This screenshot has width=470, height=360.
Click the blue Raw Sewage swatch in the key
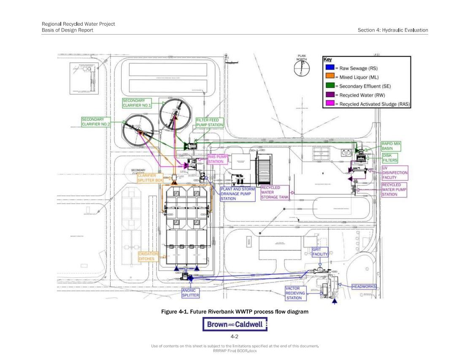(330, 68)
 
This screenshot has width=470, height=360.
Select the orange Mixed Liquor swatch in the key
(330, 77)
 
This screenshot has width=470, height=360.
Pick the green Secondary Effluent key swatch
(330, 86)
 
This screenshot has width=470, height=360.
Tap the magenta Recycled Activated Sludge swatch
(330, 104)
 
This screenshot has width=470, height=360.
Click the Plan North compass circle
(302, 68)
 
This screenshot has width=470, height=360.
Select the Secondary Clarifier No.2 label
(96, 122)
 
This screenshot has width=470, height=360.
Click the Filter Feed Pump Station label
(210, 123)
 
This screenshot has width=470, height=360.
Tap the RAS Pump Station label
(218, 159)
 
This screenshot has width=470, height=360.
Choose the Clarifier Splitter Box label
(150, 178)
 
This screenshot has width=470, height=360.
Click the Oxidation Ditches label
(148, 256)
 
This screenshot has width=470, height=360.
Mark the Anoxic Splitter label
(191, 293)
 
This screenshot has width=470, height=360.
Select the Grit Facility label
(320, 252)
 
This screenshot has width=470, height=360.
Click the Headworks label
(364, 287)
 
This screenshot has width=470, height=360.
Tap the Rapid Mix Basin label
(391, 146)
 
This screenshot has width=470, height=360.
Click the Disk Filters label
(390, 158)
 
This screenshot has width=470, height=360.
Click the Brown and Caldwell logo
(235, 324)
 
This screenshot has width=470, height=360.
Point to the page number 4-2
(235, 337)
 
